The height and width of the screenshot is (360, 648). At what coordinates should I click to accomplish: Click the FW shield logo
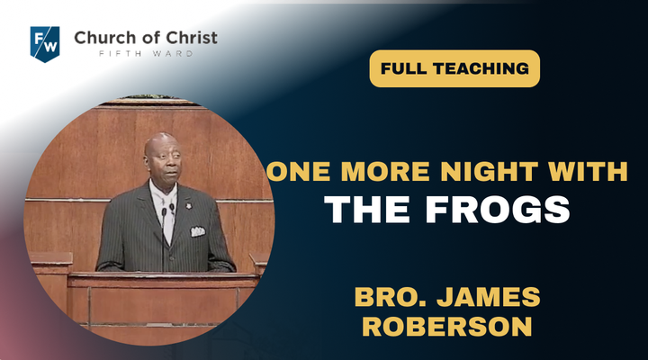pyautogui.click(x=45, y=44)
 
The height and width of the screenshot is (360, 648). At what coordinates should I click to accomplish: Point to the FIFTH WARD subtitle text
pyautogui.click(x=146, y=54)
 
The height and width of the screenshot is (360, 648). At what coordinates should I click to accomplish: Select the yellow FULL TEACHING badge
pyautogui.click(x=454, y=68)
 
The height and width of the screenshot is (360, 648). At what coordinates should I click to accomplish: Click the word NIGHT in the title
pyautogui.click(x=490, y=172)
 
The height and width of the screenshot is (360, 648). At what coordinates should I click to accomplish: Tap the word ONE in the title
pyautogui.click(x=299, y=172)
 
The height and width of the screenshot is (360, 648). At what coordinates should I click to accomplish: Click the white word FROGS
pyautogui.click(x=498, y=209)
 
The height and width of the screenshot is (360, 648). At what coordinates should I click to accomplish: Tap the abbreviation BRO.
pyautogui.click(x=391, y=297)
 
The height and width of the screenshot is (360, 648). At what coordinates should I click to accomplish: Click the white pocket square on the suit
pyautogui.click(x=197, y=231)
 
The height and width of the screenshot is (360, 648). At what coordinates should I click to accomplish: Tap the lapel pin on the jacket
pyautogui.click(x=189, y=204)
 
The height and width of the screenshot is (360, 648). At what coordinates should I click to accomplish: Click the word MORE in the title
pyautogui.click(x=385, y=172)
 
